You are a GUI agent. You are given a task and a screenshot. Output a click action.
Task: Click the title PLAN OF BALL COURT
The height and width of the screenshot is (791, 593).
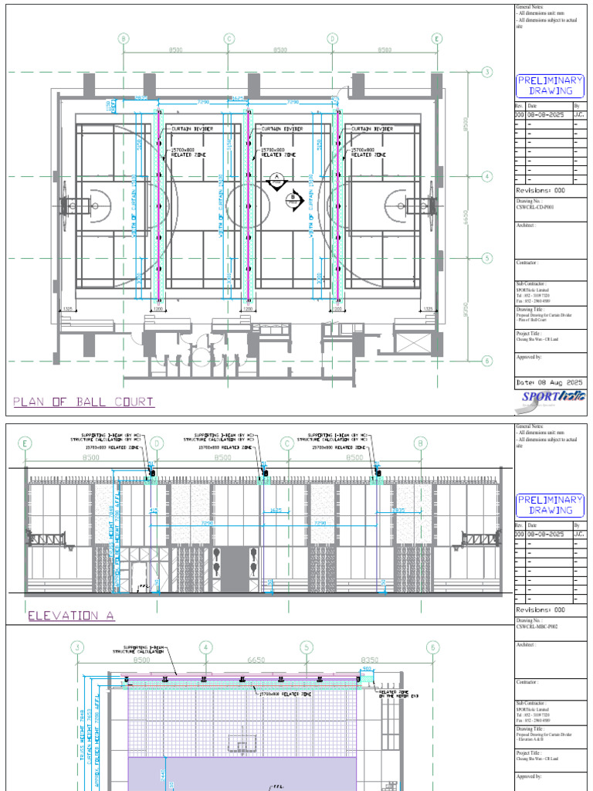(x=83, y=402)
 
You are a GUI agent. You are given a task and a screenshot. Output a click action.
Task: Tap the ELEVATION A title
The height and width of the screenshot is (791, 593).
(x=65, y=616)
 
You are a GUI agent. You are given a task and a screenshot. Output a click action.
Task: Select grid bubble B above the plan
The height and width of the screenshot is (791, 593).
(x=124, y=39)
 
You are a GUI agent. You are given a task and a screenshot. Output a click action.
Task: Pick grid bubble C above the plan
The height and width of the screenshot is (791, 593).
(x=229, y=39)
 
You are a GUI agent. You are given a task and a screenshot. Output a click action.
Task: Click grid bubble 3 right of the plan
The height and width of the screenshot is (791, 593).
(x=487, y=72)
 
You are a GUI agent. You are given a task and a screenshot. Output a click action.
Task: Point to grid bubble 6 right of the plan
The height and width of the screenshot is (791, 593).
(x=487, y=360)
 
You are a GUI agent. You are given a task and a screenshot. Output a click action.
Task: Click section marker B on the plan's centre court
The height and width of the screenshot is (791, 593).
(x=293, y=200)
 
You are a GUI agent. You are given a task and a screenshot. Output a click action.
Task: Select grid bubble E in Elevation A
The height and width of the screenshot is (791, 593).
(x=25, y=443)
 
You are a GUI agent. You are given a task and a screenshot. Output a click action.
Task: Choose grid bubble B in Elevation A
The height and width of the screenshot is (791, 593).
(x=421, y=443)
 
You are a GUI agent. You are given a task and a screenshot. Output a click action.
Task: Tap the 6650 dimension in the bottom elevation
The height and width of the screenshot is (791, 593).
(x=255, y=661)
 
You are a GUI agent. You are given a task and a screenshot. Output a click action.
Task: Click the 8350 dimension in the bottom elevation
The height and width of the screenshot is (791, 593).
(x=369, y=661)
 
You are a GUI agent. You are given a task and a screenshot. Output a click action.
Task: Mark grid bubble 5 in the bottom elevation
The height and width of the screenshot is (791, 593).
(x=307, y=647)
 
